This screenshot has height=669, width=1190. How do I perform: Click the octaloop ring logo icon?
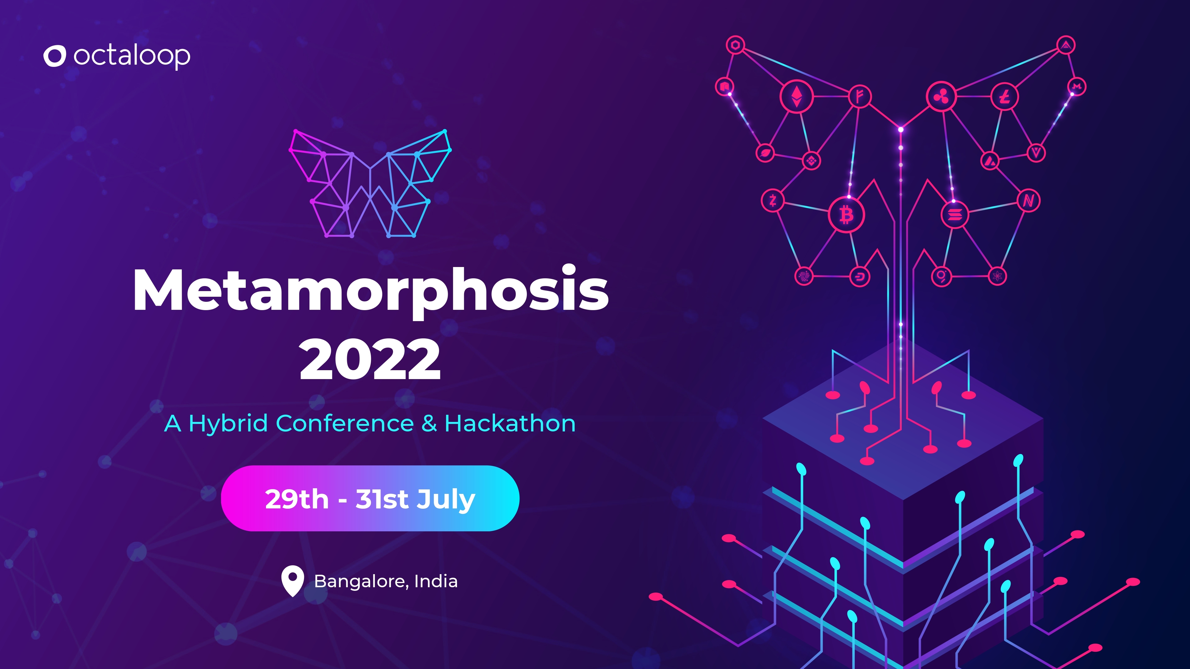[54, 56]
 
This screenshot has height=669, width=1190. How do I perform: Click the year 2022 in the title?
[370, 359]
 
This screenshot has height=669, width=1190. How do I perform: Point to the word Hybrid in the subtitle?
[228, 424]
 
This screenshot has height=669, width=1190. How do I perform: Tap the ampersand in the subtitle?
[429, 423]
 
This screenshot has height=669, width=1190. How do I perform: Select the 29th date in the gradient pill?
[297, 499]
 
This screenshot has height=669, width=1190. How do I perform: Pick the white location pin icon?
[292, 580]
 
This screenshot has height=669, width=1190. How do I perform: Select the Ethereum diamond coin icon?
[796, 97]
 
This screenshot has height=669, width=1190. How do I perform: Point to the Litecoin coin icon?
[1004, 97]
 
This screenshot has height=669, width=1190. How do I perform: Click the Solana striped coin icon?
[954, 214]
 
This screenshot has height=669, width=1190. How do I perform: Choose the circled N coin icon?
[1028, 201]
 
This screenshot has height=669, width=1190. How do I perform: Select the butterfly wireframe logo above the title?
[370, 184]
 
